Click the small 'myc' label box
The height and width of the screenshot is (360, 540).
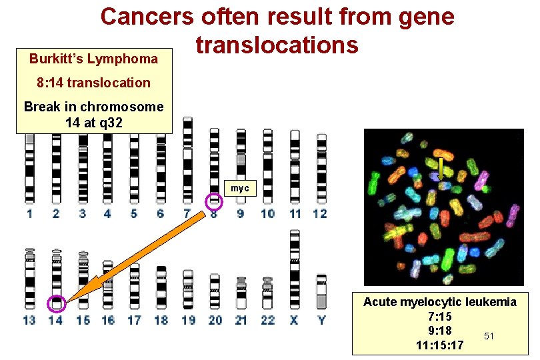coord(239,189)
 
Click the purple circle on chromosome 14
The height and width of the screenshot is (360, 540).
coord(56,305)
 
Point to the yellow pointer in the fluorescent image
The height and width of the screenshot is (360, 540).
coord(441,167)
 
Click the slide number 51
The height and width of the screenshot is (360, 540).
coord(489,336)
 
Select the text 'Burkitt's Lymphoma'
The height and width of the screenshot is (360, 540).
coord(93,59)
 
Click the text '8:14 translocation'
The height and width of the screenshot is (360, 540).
coord(93,83)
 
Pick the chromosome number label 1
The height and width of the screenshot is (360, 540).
coord(29,213)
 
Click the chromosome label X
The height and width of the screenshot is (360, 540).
coord(295,320)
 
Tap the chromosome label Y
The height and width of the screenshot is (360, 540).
coord(321,320)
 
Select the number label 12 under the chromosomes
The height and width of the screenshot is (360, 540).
coord(320,213)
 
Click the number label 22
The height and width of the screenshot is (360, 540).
coord(268,320)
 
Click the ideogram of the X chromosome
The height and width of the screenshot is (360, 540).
coord(295,270)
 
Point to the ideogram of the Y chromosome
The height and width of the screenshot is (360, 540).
coord(321,291)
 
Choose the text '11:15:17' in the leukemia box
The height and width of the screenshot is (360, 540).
coord(439,345)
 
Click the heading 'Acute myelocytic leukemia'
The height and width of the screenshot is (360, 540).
coord(439,302)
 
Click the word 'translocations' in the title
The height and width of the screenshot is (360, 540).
coord(277,45)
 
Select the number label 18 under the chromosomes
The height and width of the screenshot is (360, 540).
coord(161,320)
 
